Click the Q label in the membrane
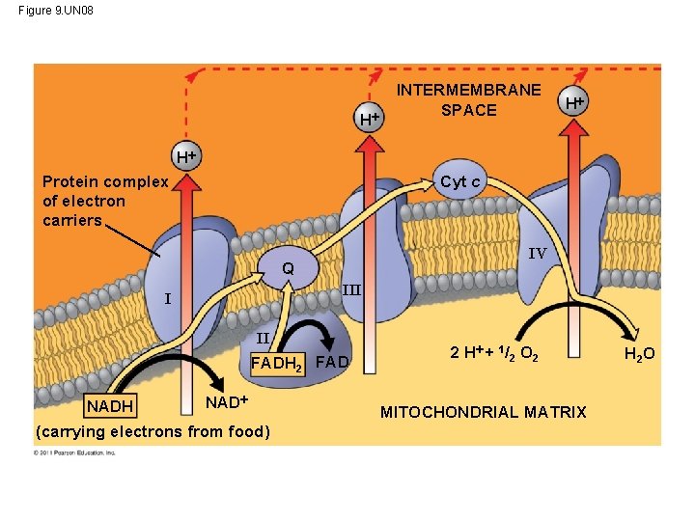tap(288, 268)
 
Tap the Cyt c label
tap(460, 181)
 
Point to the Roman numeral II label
tap(263, 339)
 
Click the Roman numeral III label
tap(351, 289)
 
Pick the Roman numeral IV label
tap(537, 253)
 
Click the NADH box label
tap(109, 403)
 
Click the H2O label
tap(639, 354)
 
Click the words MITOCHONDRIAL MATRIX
tap(483, 412)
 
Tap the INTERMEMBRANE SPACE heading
tap(468, 99)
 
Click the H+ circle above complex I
tap(185, 156)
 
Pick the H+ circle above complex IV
tap(575, 101)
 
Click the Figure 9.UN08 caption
tap(56, 11)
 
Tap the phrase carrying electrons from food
tap(152, 430)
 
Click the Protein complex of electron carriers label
tap(105, 201)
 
